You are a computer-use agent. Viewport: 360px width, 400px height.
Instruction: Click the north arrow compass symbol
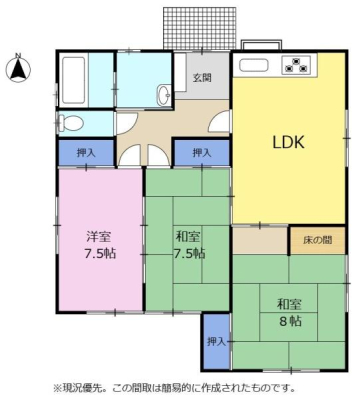(18, 68)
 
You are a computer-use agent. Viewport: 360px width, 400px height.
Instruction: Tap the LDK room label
(289, 142)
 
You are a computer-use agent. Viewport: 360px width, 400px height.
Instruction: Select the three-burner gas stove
(296, 65)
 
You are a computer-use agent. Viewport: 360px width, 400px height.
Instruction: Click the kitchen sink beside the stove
(253, 65)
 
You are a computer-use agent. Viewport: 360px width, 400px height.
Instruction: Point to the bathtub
(73, 81)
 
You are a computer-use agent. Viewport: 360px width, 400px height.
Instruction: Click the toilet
(70, 123)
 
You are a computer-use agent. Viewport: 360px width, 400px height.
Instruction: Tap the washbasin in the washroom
(163, 95)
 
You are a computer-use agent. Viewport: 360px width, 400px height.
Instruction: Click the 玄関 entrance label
(202, 78)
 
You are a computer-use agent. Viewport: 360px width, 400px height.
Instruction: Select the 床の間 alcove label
(317, 240)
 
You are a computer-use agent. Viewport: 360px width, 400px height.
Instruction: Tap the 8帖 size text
(290, 321)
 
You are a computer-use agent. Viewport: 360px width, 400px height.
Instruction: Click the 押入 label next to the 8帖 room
(216, 341)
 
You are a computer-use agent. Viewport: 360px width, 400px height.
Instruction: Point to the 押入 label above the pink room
(86, 153)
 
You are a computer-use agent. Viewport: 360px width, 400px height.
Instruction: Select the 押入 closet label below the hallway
(202, 153)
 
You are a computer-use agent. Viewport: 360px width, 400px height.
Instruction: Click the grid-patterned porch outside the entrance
(199, 28)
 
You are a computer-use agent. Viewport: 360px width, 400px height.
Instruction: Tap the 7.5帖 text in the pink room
(99, 253)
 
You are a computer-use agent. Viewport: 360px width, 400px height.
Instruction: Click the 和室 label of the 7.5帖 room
(188, 237)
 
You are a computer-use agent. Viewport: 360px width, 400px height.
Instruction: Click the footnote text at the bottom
(174, 388)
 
